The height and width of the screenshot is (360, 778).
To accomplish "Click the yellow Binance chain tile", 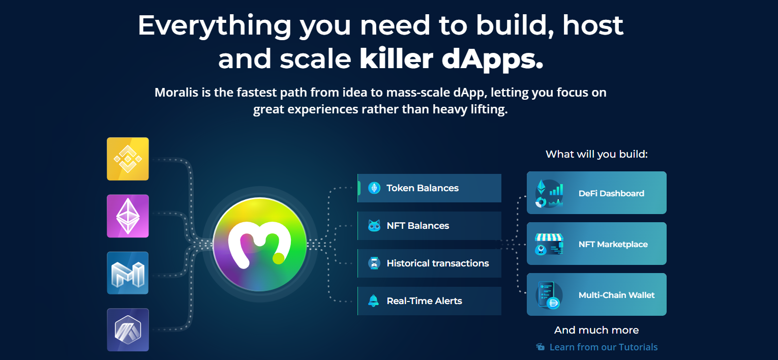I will [128, 159].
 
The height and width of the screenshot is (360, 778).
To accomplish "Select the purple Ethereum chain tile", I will [128, 216].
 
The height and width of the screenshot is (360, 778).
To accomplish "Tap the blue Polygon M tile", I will [128, 273].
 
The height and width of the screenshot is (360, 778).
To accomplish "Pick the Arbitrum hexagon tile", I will [128, 330].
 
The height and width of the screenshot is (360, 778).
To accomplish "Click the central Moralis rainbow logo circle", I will [260, 244].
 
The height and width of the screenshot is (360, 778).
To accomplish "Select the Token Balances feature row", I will [429, 188].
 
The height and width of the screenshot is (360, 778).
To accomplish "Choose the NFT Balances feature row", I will [429, 226].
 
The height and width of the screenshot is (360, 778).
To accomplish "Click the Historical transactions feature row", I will [429, 263].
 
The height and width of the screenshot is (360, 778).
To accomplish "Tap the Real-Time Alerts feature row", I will [429, 301].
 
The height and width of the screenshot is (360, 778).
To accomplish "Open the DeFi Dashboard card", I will [596, 193].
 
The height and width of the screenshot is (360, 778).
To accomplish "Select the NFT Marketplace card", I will [596, 244].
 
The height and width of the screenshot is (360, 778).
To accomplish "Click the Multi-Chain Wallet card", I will [596, 294].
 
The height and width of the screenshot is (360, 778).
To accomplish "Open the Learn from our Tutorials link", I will [603, 347].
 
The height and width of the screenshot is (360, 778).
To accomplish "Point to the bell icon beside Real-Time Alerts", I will [374, 301].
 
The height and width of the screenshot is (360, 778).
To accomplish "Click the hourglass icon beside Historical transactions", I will [374, 263].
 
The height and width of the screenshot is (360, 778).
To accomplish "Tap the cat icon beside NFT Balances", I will [374, 226].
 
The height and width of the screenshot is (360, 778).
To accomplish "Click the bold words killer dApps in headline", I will [452, 59].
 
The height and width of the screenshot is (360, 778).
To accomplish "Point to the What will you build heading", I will [596, 154].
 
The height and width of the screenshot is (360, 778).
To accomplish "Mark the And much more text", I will [596, 330].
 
